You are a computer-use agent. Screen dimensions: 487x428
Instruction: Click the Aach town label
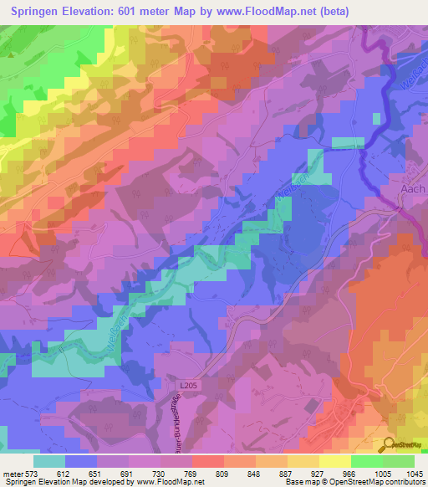413,189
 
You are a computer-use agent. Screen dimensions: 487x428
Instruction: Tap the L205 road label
189,385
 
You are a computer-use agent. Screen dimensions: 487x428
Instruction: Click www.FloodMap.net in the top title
268,11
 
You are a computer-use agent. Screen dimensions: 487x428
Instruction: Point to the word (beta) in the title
331,11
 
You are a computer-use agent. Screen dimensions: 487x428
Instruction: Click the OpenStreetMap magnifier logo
390,444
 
